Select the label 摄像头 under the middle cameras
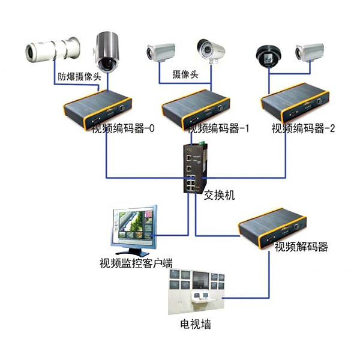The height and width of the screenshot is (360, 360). [x=185, y=74]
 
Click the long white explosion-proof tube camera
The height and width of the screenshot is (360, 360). [x=53, y=49]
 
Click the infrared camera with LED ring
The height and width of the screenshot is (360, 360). [x=209, y=50]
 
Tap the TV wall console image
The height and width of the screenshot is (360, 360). [x=197, y=292]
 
